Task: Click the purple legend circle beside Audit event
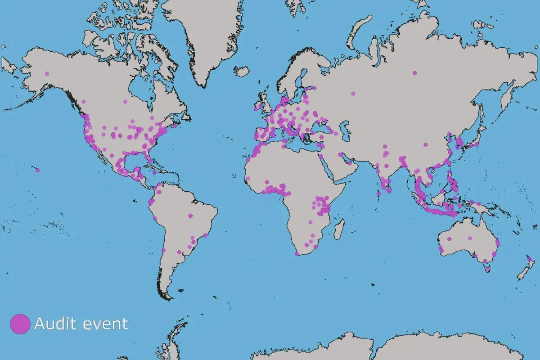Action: (x=20, y=324)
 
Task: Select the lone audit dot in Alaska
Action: (x=47, y=73)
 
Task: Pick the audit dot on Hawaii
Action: (x=38, y=170)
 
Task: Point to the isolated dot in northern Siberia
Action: (x=414, y=73)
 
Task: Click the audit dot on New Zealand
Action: (x=530, y=259)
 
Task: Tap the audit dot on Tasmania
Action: (x=486, y=270)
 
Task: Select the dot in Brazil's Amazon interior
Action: (x=190, y=216)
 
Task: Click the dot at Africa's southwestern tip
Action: (x=297, y=254)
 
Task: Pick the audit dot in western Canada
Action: (x=84, y=102)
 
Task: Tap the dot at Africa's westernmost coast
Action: (x=247, y=179)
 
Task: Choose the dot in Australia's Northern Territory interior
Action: (x=469, y=238)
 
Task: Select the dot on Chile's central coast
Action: (x=163, y=250)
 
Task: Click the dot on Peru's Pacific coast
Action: (x=155, y=218)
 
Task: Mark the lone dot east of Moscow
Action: (x=353, y=94)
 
